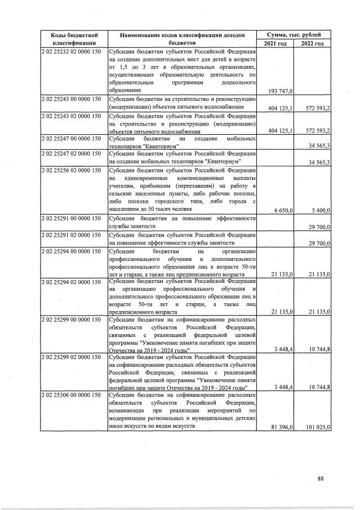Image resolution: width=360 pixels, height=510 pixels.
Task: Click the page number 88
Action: click(321, 479)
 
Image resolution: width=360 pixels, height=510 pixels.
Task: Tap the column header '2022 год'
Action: click(312, 43)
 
